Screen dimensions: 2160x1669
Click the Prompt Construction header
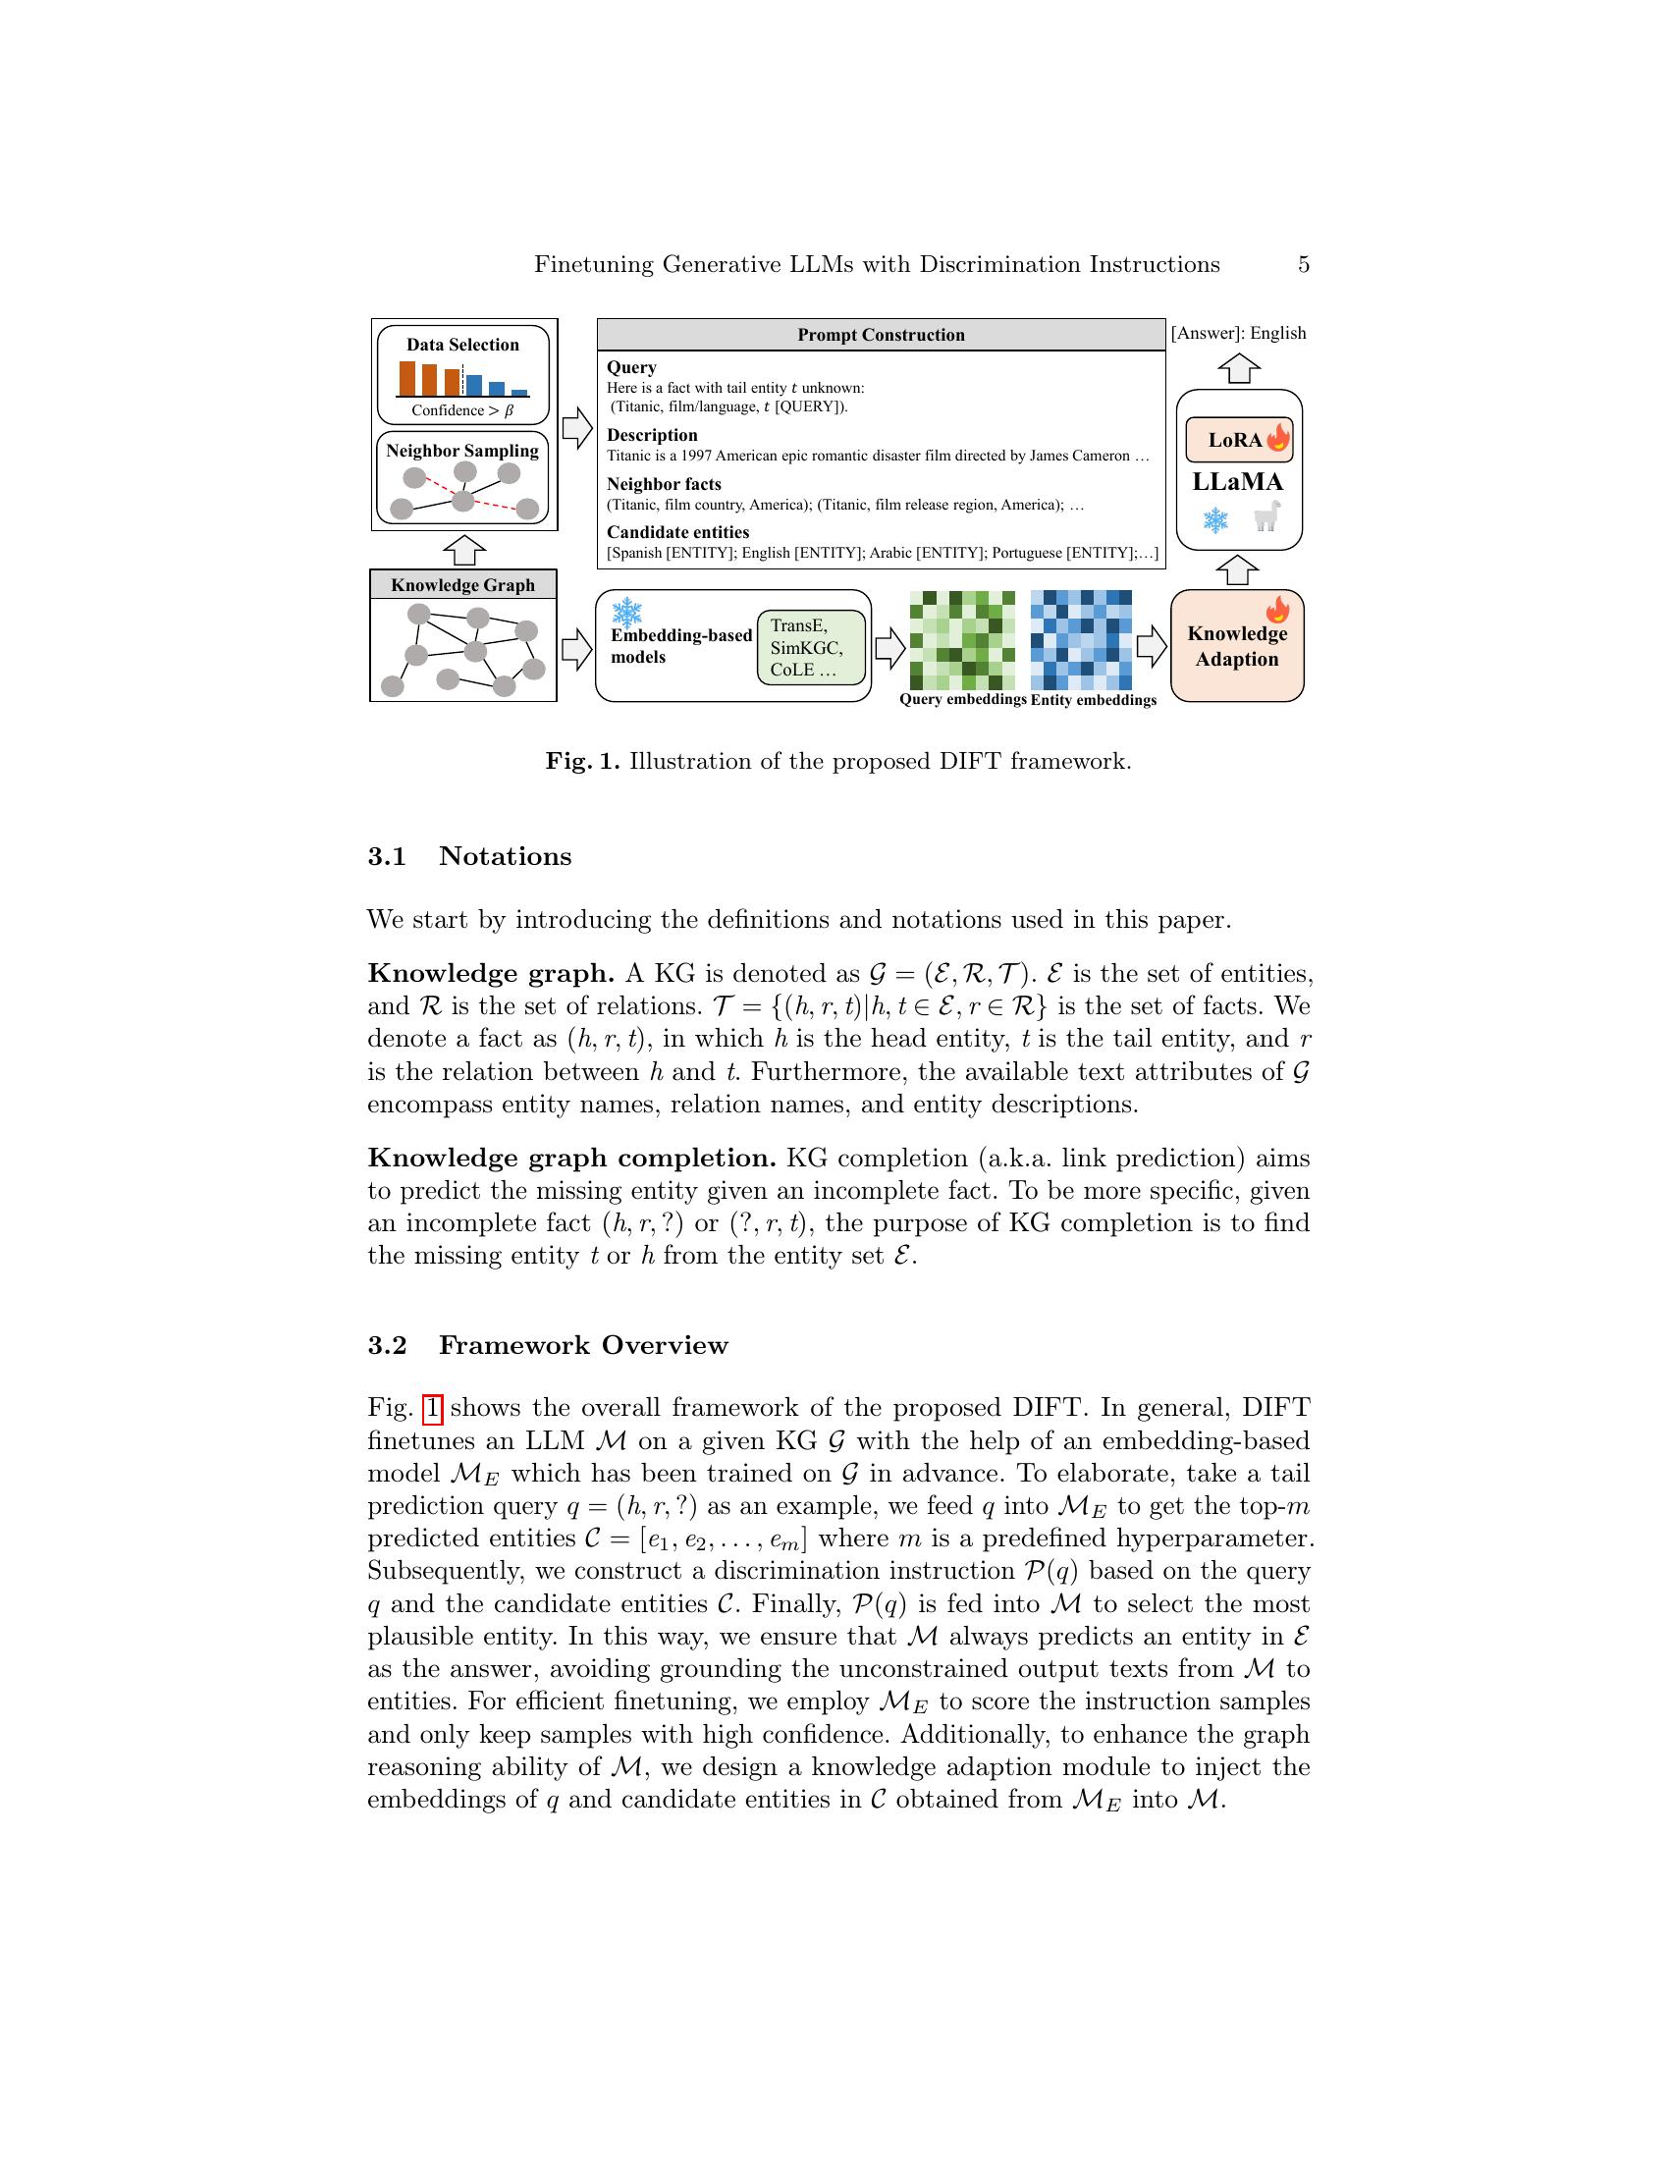click(880, 334)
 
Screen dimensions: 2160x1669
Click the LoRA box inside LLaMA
click(1238, 440)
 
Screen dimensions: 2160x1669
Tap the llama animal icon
click(1266, 516)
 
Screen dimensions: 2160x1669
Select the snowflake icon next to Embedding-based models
click(627, 614)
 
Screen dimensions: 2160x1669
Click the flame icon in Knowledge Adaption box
click(1277, 609)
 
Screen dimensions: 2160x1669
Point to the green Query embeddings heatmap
click(961, 640)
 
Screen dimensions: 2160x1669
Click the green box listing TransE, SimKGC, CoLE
click(810, 648)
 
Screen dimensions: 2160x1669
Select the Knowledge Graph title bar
click(462, 584)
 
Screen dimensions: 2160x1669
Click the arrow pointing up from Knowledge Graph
click(463, 550)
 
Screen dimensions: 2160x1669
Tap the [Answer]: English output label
click(1238, 333)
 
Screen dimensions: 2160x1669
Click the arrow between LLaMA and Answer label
click(1238, 369)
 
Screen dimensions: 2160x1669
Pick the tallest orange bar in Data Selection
click(407, 378)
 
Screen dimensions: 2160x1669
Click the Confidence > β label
click(462, 410)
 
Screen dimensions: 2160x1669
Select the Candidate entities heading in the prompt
click(677, 532)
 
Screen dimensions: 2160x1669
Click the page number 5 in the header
click(1303, 264)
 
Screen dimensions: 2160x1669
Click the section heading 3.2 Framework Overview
click(548, 1345)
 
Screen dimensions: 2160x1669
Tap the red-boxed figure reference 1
click(432, 1407)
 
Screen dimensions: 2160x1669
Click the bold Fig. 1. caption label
click(582, 762)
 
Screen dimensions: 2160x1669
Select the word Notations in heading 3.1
click(506, 856)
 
